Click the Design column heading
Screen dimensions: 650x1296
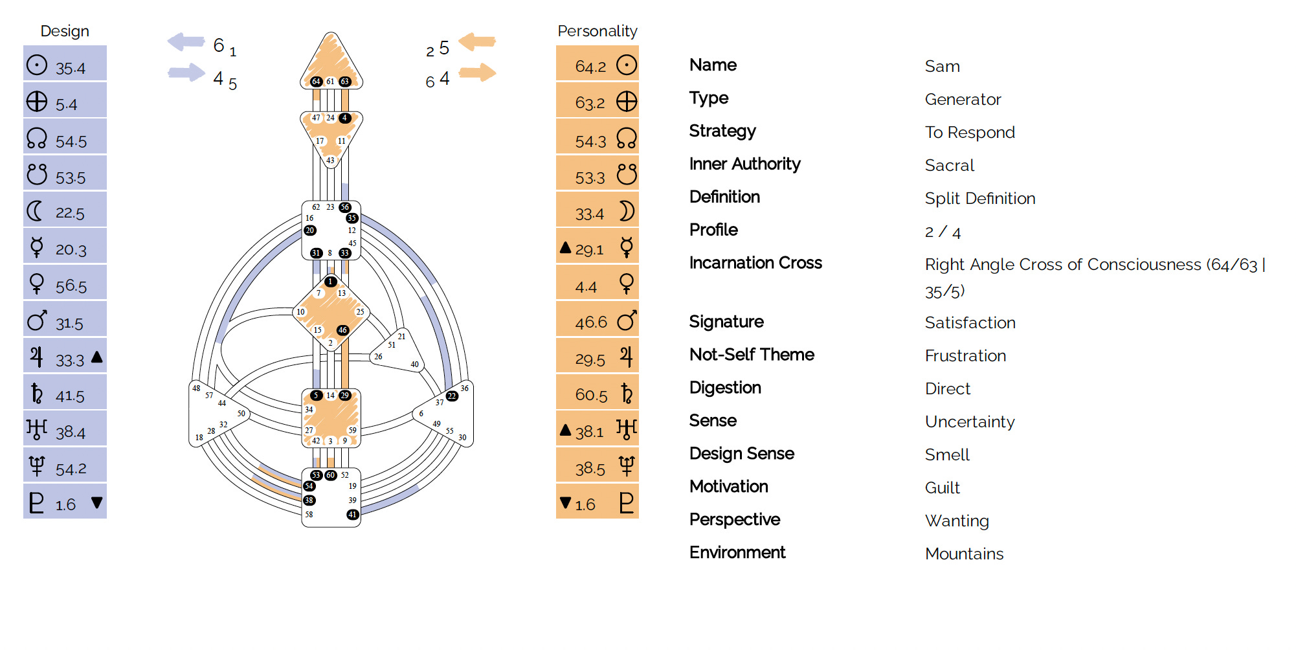[x=65, y=31]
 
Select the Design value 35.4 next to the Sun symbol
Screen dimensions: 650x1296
[x=71, y=68]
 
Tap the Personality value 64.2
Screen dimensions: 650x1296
[x=590, y=67]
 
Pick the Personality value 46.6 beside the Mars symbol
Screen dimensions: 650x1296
[x=591, y=322]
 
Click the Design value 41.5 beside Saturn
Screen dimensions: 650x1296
[x=71, y=396]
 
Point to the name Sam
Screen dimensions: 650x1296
[x=942, y=66]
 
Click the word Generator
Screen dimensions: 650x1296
[x=963, y=99]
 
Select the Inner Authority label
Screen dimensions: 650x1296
[x=744, y=164]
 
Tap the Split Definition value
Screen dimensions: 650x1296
[x=979, y=198]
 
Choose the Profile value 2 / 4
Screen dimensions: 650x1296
[x=942, y=232]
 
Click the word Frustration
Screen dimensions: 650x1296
[x=965, y=355]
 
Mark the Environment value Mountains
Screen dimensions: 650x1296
[x=964, y=554]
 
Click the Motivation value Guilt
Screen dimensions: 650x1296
[x=942, y=487]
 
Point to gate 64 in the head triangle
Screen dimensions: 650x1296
[x=316, y=82]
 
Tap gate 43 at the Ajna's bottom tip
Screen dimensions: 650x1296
[x=330, y=160]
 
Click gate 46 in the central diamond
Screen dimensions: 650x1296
[x=342, y=330]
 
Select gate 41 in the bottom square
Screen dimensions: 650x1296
[x=352, y=515]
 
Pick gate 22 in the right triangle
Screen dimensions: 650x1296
[x=452, y=396]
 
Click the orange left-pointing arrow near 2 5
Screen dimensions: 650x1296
[x=477, y=42]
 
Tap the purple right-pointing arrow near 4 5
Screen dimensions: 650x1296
[x=186, y=72]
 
